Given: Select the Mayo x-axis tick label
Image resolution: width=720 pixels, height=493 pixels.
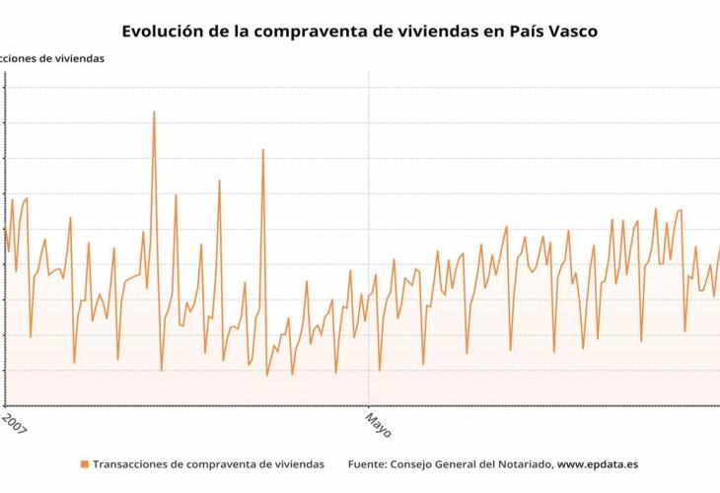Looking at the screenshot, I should pyautogui.click(x=378, y=426).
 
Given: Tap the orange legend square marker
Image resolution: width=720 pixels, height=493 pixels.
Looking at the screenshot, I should pyautogui.click(x=85, y=463).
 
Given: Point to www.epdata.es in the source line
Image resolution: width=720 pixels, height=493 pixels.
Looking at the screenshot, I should pyautogui.click(x=598, y=463).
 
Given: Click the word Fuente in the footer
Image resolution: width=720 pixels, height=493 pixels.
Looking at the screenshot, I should pyautogui.click(x=368, y=463).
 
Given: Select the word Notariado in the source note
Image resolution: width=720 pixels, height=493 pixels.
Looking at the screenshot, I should pyautogui.click(x=521, y=463).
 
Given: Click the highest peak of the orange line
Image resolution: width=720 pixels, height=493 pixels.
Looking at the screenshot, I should pyautogui.click(x=154, y=111).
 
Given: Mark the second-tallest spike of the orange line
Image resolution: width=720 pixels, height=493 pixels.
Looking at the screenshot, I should pyautogui.click(x=263, y=150).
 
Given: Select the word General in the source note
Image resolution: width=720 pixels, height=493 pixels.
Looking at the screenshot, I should pyautogui.click(x=464, y=463).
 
